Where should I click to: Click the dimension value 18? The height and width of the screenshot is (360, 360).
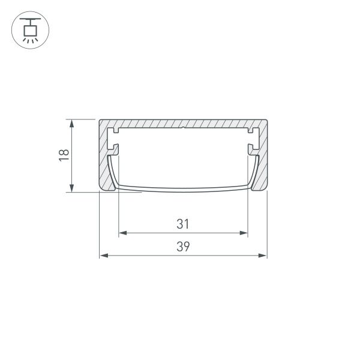tap(65, 155)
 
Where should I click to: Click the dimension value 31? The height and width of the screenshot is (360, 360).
tap(183, 224)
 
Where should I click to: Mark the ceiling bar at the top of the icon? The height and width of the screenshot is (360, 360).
tap(29, 19)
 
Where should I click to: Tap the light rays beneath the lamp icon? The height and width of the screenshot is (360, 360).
tap(29, 40)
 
